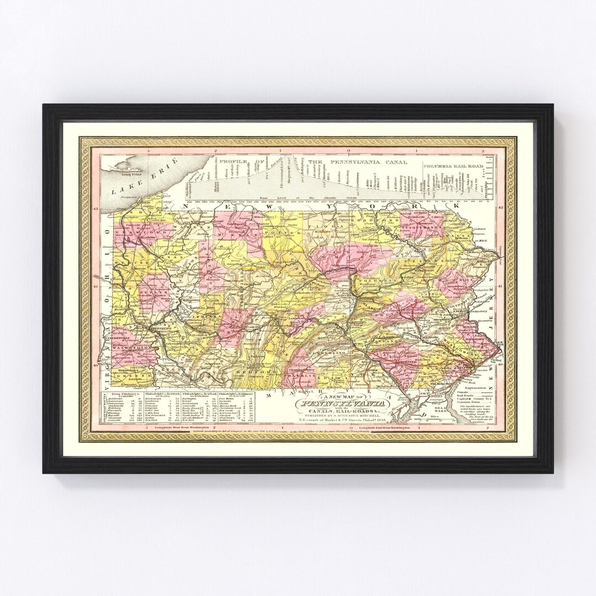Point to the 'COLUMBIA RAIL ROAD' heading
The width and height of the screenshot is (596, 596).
pyautogui.click(x=453, y=164)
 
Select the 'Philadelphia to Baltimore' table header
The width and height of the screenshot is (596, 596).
pyautogui.click(x=235, y=395)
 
